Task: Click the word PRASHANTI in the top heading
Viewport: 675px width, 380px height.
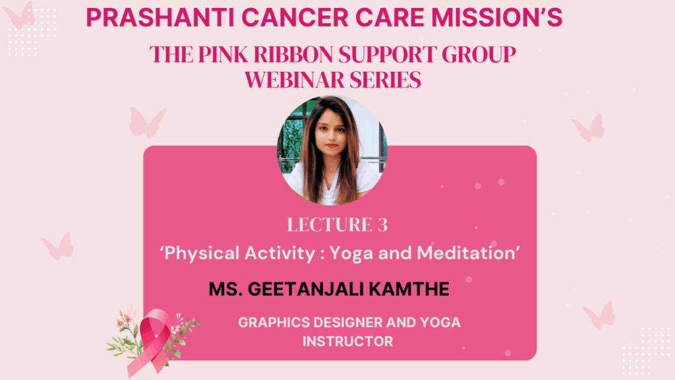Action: [x=160, y=18]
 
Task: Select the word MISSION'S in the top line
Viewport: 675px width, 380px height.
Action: [x=497, y=18]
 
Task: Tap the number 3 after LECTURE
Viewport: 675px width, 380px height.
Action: [x=383, y=225]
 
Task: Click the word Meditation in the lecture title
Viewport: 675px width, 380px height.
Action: [x=466, y=253]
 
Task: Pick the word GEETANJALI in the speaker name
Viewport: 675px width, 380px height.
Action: [x=306, y=289]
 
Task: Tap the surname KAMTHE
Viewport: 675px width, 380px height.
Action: [x=409, y=289]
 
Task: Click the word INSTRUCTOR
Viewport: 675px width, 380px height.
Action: [x=348, y=342]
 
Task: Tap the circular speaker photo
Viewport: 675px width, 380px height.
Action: [x=332, y=150]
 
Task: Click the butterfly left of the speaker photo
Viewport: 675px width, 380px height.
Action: [x=147, y=122]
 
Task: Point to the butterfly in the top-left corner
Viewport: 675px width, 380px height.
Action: [x=19, y=15]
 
